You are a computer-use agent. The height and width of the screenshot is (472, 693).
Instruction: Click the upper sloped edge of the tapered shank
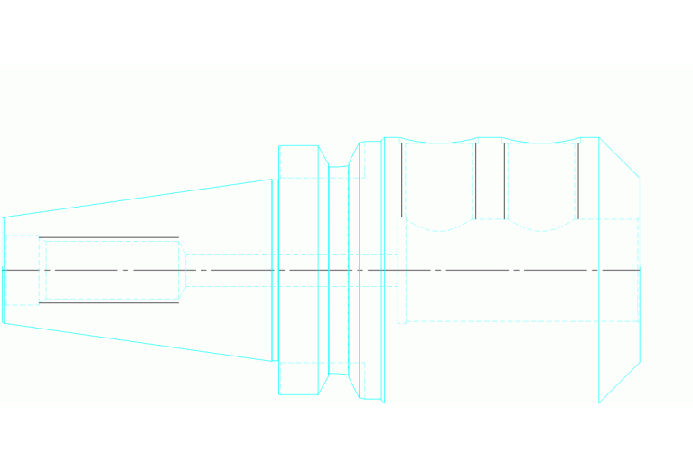136,199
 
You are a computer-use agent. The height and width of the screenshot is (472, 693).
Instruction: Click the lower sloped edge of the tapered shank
136,342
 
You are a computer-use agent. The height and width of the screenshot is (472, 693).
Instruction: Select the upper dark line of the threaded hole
108,237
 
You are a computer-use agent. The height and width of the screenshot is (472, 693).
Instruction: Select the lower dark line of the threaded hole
108,302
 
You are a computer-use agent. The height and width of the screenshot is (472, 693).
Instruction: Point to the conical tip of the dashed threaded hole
182,270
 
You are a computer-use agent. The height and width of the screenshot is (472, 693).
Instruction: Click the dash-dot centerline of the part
506,270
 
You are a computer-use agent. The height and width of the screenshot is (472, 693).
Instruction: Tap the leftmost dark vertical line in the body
402,180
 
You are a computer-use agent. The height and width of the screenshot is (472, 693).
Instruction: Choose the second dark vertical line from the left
475,180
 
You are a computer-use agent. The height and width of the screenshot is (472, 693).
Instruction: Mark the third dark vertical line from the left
504,180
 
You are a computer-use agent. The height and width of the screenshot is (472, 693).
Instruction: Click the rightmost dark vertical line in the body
578,180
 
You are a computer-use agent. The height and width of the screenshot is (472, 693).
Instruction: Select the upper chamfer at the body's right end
620,157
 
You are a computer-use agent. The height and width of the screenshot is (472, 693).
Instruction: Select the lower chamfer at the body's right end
620,383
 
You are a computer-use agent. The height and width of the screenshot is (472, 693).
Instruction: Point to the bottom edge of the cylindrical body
492,403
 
